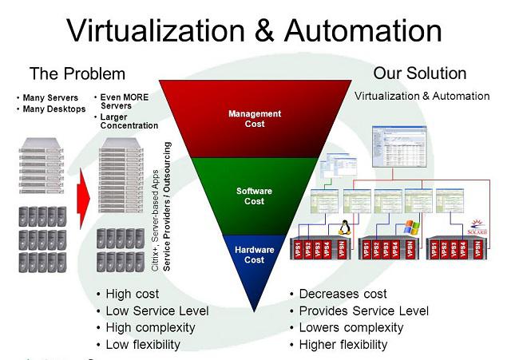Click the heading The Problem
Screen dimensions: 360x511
coord(77,74)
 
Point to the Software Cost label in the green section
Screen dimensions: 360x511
coord(254,196)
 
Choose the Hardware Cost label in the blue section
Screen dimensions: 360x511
coord(254,255)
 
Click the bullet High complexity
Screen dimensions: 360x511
coord(150,328)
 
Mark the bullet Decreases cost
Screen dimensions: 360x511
coord(343,294)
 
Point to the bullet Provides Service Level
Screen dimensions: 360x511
coord(363,311)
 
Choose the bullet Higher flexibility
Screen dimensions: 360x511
coord(343,345)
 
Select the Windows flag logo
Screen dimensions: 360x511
coord(411,227)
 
